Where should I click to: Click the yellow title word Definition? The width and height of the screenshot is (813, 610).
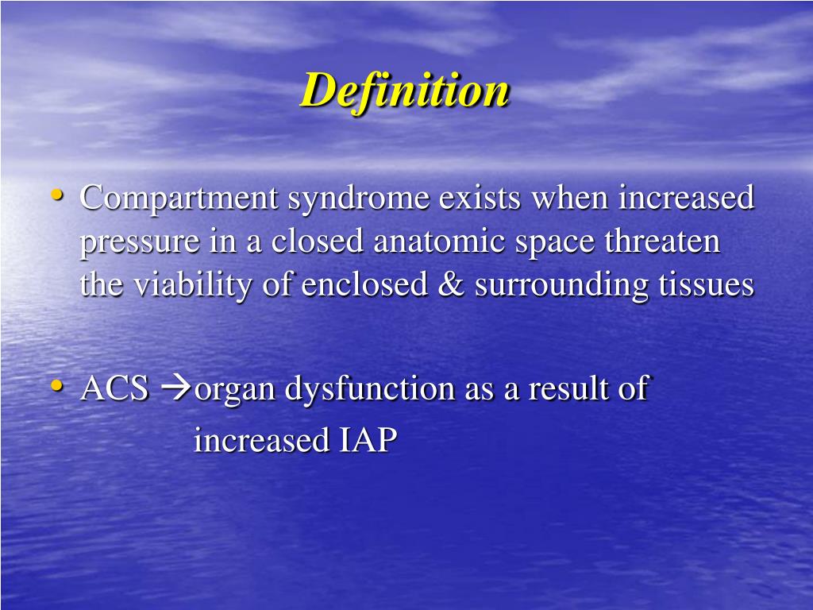pyautogui.click(x=405, y=90)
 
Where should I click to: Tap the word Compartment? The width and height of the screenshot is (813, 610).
pyautogui.click(x=179, y=199)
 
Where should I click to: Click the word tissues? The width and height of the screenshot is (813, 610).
pyautogui.click(x=706, y=285)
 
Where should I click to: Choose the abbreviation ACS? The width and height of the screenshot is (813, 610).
pyautogui.click(x=114, y=389)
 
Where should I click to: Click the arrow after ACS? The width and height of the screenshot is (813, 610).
pyautogui.click(x=175, y=389)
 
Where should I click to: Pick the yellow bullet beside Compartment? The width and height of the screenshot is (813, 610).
pyautogui.click(x=57, y=195)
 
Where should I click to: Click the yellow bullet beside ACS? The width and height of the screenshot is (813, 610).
pyautogui.click(x=57, y=386)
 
